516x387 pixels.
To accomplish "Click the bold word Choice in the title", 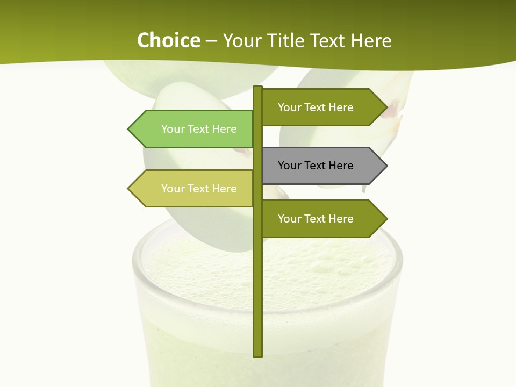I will (168, 40).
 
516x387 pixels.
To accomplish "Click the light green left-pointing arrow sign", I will (193, 129).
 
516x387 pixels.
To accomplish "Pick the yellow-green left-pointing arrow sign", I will (193, 189).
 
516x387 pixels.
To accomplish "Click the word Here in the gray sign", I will (340, 166).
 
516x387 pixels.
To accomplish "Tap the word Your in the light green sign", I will (173, 129).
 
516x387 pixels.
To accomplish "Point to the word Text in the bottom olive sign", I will (315, 219).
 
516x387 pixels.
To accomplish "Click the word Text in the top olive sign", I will (315, 107).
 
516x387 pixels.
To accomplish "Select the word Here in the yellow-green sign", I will (224, 189).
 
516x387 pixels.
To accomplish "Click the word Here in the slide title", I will (371, 40).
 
